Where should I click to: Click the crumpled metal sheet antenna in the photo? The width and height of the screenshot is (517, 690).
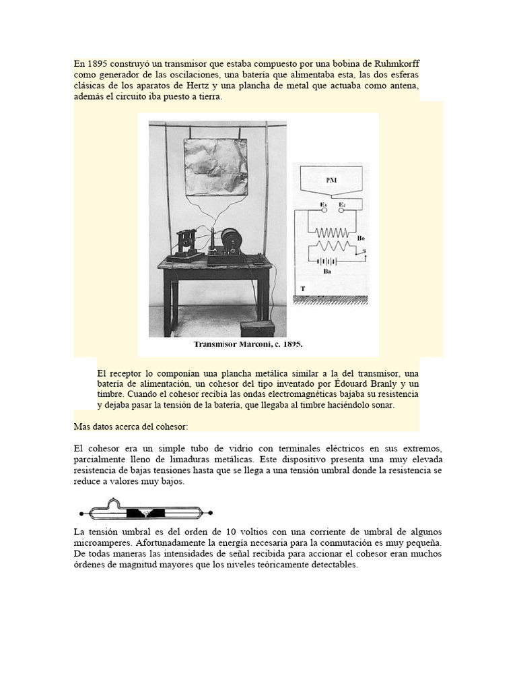[215, 166]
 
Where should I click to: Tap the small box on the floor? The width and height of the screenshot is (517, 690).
[258, 328]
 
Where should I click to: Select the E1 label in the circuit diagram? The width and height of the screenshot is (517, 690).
[323, 204]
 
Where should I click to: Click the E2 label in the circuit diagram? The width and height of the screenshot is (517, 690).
[342, 204]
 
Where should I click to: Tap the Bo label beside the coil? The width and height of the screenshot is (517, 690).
[361, 238]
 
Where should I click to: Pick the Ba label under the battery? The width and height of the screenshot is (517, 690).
[327, 272]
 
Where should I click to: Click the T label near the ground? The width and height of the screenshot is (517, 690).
[303, 288]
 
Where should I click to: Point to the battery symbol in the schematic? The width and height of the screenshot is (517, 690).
[328, 260]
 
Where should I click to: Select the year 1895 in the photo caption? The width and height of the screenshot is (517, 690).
[291, 344]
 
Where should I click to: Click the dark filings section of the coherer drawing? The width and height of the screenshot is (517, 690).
[146, 513]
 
